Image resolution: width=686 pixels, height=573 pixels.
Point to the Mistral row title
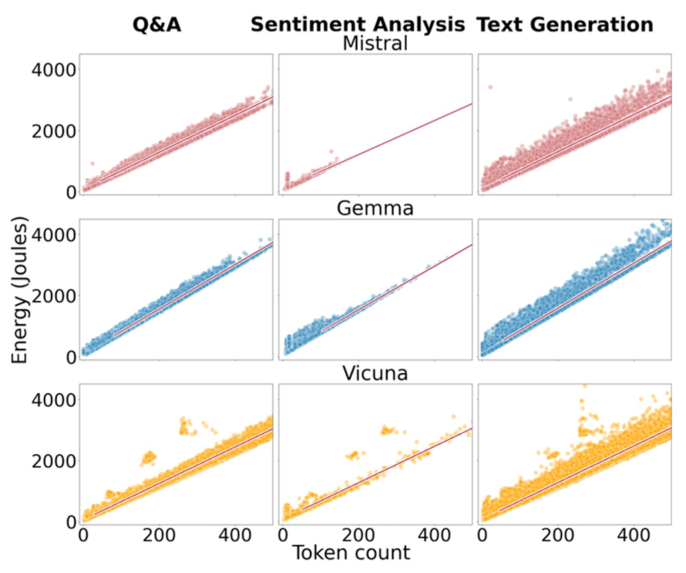pyautogui.click(x=375, y=44)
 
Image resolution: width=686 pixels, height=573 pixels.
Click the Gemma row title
pyautogui.click(x=375, y=208)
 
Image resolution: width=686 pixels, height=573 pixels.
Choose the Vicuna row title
pyautogui.click(x=375, y=373)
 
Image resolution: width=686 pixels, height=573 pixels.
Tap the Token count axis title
pyautogui.click(x=350, y=554)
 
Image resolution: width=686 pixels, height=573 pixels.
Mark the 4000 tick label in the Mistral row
pyautogui.click(x=48, y=70)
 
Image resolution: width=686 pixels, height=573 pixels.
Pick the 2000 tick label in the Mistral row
pyautogui.click(x=48, y=131)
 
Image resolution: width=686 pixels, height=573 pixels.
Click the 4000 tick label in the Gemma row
pyautogui.click(x=48, y=234)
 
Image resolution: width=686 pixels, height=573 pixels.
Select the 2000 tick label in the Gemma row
pyautogui.click(x=48, y=296)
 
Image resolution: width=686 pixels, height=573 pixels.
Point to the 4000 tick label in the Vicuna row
pyautogui.click(x=48, y=400)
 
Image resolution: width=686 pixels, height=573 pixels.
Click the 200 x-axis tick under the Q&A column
pyautogui.click(x=158, y=536)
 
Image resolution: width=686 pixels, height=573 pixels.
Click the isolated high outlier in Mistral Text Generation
pyautogui.click(x=490, y=87)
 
